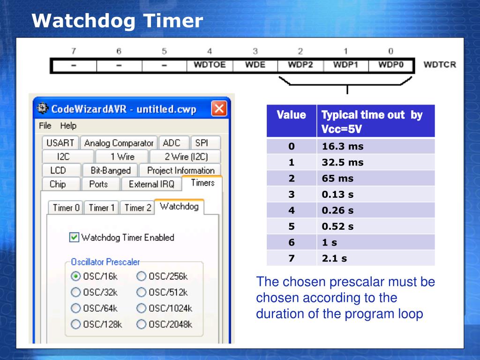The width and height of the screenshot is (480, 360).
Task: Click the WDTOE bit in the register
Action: (210, 65)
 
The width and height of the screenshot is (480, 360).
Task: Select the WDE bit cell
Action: (255, 65)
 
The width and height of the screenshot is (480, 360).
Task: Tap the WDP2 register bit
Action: (300, 65)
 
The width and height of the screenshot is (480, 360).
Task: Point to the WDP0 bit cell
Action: (391, 65)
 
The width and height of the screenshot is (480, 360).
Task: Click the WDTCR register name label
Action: (439, 65)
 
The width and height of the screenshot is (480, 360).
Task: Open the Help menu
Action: (68, 126)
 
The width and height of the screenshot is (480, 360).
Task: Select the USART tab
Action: (60, 143)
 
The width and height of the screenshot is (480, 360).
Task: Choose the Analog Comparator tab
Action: (119, 143)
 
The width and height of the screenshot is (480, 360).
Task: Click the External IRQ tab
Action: (151, 184)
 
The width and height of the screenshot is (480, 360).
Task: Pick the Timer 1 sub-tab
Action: (102, 208)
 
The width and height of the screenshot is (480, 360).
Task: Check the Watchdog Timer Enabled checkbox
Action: (74, 237)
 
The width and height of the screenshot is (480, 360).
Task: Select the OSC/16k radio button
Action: (75, 276)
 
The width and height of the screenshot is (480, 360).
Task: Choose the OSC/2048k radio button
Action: (141, 324)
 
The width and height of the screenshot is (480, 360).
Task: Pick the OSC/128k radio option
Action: (75, 324)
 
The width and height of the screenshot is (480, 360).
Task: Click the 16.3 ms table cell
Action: (375, 146)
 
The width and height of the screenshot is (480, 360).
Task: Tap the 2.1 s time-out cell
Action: (375, 258)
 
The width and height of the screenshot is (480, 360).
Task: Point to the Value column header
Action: (291, 115)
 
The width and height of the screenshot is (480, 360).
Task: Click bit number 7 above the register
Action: (74, 51)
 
